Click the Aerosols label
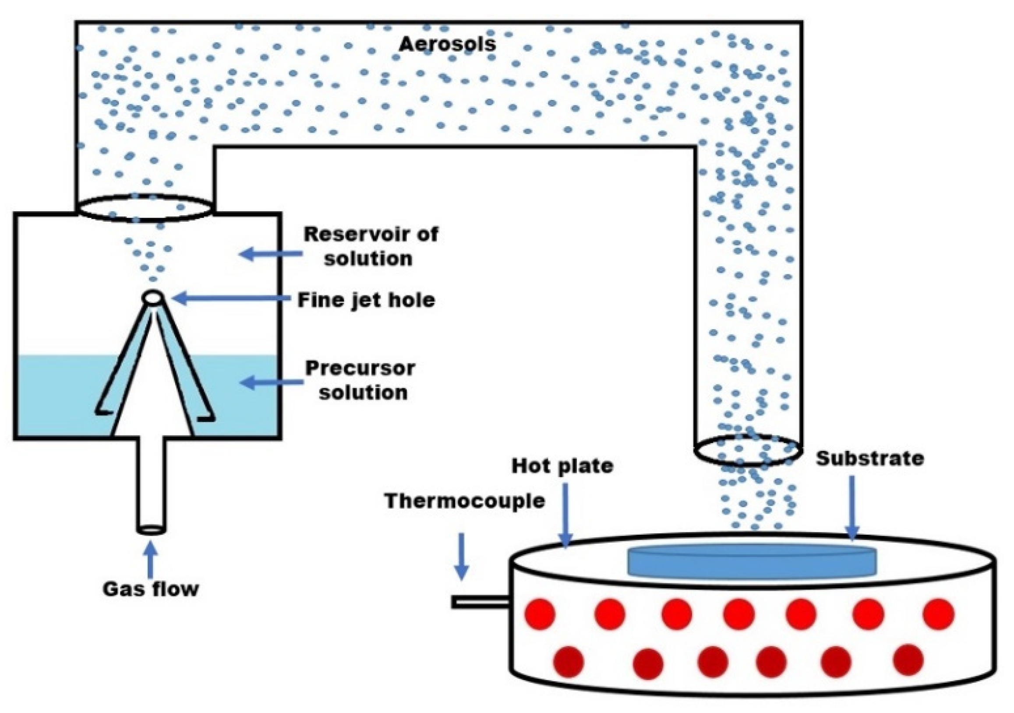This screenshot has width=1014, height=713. pos(447,45)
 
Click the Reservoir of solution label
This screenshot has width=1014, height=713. pos(370,246)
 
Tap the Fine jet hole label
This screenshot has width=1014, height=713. pos(366,300)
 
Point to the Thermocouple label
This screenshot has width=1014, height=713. pos(465,501)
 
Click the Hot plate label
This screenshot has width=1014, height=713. pos(562,465)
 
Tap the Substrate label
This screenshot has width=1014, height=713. pos(869,458)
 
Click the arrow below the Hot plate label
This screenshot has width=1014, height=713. pos(565,515)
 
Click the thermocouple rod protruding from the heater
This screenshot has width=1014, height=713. pos(480,602)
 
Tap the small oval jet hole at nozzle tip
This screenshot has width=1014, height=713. pos(153,297)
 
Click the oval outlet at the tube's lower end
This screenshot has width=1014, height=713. pos(748,450)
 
